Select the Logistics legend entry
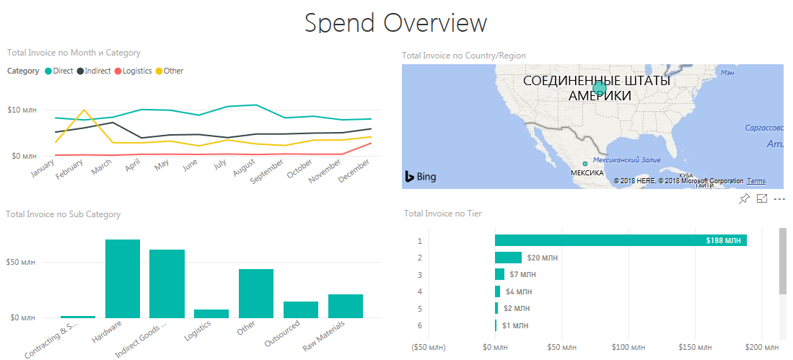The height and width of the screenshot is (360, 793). point(136,71)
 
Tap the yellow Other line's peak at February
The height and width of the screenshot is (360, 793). point(85,110)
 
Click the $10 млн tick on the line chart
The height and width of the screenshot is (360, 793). point(22,110)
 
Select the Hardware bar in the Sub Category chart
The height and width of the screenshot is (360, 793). point(123,278)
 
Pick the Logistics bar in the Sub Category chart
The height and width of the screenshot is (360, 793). point(211,314)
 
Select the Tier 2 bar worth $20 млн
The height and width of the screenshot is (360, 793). point(508,258)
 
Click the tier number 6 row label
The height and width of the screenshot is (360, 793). point(419,325)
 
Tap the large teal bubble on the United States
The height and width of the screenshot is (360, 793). point(599,89)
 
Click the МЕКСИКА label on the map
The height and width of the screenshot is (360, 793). point(587,173)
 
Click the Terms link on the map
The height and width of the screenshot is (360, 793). point(756,181)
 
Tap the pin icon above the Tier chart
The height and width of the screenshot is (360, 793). point(745,198)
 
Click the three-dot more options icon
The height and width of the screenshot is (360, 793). point(779,198)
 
